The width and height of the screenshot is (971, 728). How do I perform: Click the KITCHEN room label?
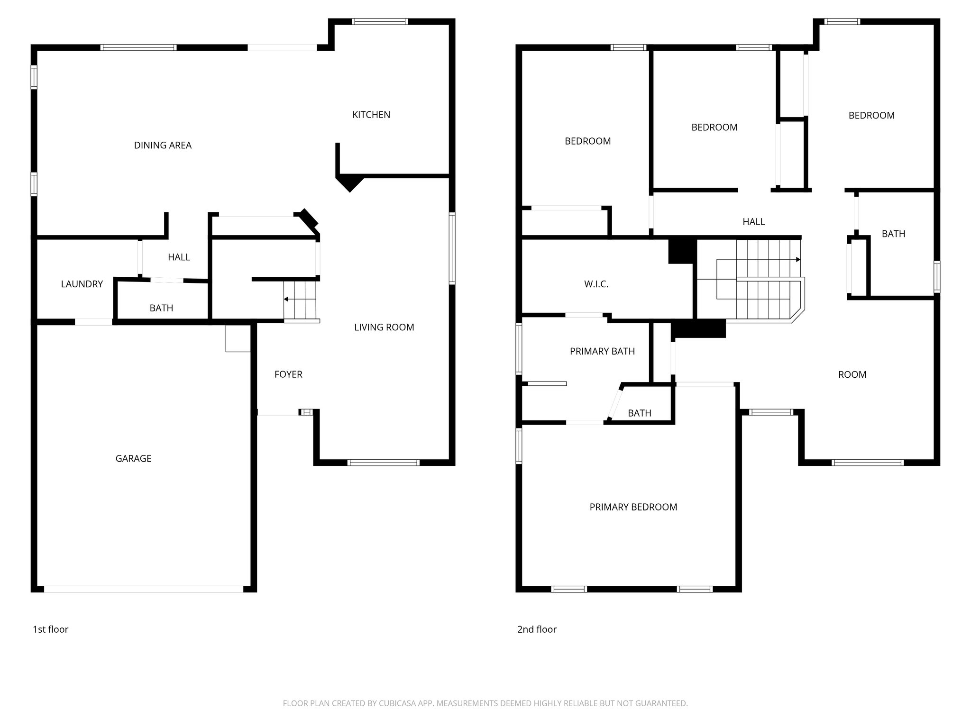[x=371, y=115]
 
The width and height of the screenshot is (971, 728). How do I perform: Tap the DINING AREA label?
[x=163, y=146]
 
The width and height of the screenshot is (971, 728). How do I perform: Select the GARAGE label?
[x=133, y=458]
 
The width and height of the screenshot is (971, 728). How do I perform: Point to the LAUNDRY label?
[x=82, y=284]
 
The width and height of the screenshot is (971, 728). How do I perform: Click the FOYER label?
[x=288, y=374]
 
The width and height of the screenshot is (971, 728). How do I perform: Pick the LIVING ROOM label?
[x=384, y=327]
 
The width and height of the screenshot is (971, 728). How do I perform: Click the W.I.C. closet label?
[x=596, y=284]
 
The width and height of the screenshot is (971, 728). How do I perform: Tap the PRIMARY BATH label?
[x=602, y=351]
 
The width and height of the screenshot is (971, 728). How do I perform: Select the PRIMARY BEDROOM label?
[x=633, y=507]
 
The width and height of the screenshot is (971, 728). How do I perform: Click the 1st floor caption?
[x=50, y=629]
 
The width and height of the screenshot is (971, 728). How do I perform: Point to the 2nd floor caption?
[x=537, y=629]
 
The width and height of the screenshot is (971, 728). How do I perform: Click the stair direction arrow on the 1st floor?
[x=286, y=300]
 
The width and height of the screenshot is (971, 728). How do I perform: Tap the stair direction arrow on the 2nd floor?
[x=798, y=260]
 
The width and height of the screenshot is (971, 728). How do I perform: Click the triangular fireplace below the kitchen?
[x=350, y=182]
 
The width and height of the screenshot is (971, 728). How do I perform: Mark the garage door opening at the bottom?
[x=144, y=589]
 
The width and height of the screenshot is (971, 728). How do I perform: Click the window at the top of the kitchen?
[x=380, y=21]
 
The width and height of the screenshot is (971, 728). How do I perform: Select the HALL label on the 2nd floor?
[x=753, y=222]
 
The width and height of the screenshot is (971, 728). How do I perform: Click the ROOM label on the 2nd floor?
[x=852, y=374]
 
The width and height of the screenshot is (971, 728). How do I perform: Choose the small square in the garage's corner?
[x=238, y=338]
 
